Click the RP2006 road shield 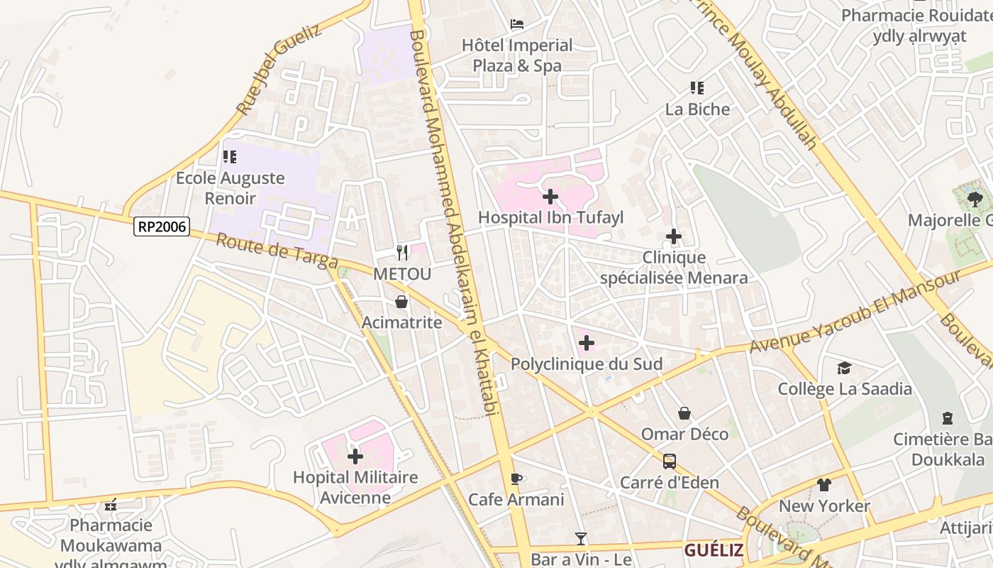[x=162, y=226]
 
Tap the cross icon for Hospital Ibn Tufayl [x=550, y=197]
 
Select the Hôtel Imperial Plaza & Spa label [x=517, y=55]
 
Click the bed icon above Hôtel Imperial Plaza [x=517, y=24]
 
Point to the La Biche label [x=697, y=109]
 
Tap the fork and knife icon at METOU [x=401, y=252]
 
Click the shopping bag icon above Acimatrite [x=401, y=302]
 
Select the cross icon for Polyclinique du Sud [x=586, y=344]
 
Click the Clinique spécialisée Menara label [x=674, y=268]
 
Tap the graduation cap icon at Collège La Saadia [x=844, y=368]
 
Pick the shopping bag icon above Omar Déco [x=684, y=413]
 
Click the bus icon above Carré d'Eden [x=669, y=461]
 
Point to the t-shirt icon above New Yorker [x=823, y=485]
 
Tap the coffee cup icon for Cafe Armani [x=516, y=479]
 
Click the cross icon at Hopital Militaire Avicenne [x=355, y=456]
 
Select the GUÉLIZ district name [x=714, y=550]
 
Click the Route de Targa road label [x=277, y=251]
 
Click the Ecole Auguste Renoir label [x=231, y=187]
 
